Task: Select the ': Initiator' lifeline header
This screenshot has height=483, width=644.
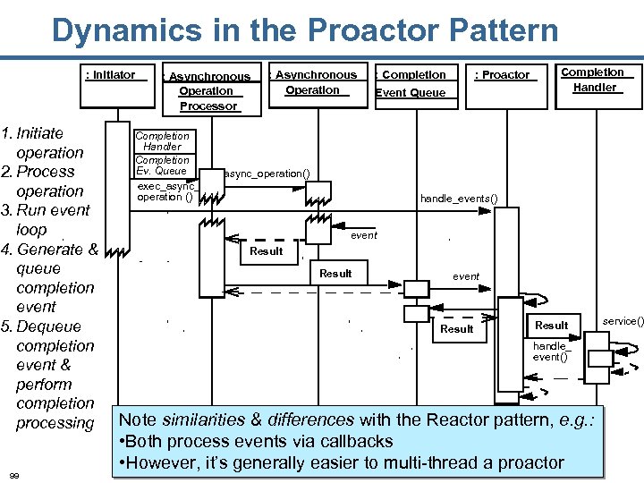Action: click(x=111, y=75)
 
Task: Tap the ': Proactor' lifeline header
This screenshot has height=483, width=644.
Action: click(x=504, y=75)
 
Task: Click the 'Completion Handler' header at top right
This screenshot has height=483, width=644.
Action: click(x=594, y=80)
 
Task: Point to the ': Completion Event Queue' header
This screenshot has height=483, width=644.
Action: click(x=411, y=83)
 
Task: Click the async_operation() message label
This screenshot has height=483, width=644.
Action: click(x=267, y=173)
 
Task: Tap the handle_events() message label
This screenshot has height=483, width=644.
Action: click(x=458, y=198)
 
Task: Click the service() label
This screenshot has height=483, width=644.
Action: click(x=623, y=320)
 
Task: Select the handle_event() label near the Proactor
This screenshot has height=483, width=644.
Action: click(x=550, y=352)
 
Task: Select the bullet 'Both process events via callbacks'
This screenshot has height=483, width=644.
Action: click(x=256, y=441)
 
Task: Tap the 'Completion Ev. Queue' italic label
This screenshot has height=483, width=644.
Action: click(x=162, y=165)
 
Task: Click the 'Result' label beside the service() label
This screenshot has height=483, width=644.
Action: click(x=551, y=325)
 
